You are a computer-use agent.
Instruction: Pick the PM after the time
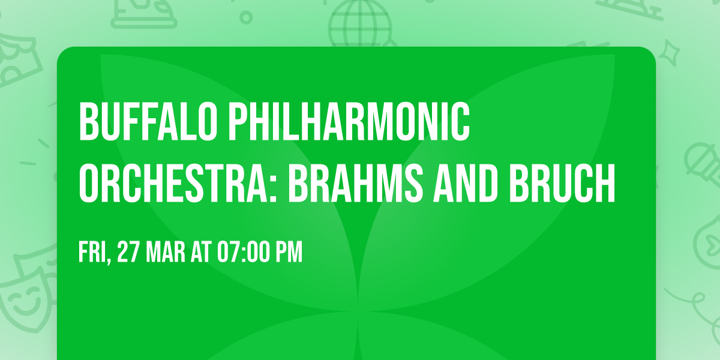(x=289, y=253)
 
